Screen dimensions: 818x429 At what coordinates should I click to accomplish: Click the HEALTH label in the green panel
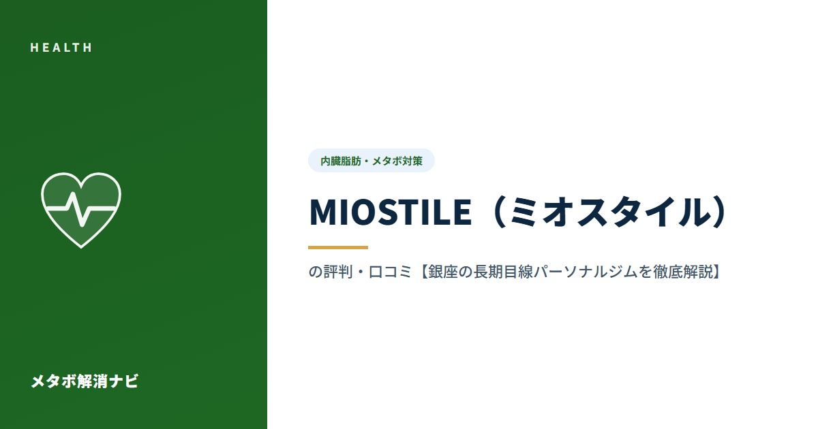[61, 48]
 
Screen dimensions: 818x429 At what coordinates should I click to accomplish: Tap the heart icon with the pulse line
[81, 210]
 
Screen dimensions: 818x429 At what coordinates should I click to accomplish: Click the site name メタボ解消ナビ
[85, 381]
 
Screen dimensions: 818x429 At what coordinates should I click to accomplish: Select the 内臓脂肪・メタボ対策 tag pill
[372, 161]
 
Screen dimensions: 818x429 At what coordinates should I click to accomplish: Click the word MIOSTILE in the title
[391, 212]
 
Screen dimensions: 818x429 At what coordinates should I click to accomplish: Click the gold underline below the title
[338, 247]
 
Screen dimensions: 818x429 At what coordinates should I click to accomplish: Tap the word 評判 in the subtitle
[339, 272]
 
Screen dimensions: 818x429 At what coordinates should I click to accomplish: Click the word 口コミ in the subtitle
[391, 272]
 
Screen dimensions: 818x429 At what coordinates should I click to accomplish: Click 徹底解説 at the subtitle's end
[683, 272]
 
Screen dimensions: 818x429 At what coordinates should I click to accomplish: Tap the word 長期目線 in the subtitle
[503, 272]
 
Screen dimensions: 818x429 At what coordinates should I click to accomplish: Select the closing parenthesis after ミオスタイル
[718, 212]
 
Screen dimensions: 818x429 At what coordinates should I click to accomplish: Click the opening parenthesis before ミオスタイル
[498, 212]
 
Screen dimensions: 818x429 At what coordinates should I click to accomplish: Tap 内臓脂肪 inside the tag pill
[341, 161]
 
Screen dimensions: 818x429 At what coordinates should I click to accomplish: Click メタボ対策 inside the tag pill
[397, 161]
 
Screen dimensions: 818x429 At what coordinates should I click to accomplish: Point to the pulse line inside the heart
[81, 210]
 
